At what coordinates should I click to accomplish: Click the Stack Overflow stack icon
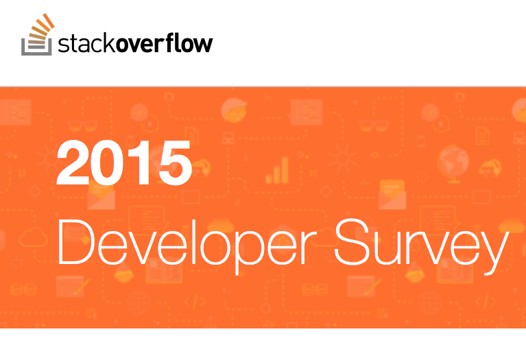pyautogui.click(x=37, y=34)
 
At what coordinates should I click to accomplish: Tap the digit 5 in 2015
pyautogui.click(x=175, y=163)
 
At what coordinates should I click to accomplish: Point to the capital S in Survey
pyautogui.click(x=351, y=241)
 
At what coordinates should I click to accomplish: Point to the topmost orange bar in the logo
pyautogui.click(x=49, y=21)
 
